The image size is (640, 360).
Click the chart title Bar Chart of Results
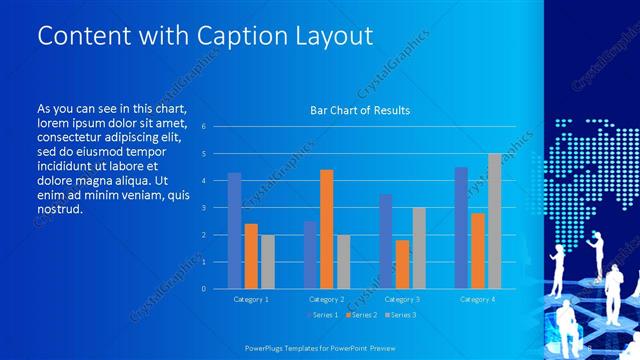click(360, 110)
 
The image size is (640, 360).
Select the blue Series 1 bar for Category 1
click(234, 231)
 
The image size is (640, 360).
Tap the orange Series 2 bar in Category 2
click(326, 229)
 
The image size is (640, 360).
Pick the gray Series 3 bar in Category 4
click(494, 221)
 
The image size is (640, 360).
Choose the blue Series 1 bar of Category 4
click(461, 228)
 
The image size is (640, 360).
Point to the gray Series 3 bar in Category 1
click(267, 262)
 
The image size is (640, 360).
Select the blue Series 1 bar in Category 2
click(310, 255)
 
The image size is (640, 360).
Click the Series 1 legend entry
click(323, 315)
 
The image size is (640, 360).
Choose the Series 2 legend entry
click(361, 315)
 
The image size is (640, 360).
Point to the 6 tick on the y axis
click(203, 127)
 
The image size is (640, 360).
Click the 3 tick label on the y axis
click(203, 208)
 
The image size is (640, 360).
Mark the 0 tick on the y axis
click(203, 289)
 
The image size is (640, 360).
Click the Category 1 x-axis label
click(250, 299)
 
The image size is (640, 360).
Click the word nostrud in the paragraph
click(59, 209)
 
